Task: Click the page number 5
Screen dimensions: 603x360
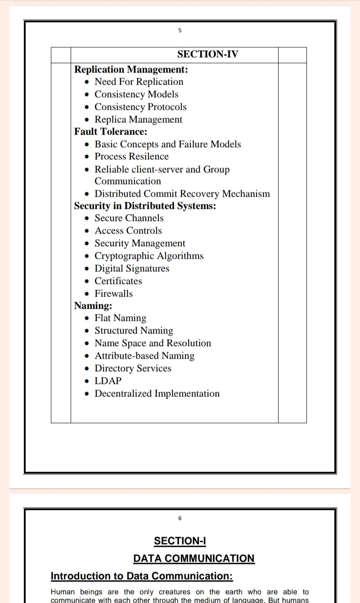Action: pyautogui.click(x=180, y=31)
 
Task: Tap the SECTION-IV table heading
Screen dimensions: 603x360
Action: pyautogui.click(x=207, y=54)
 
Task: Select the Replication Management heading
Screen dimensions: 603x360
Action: pyautogui.click(x=131, y=69)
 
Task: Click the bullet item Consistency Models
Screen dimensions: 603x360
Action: pyautogui.click(x=136, y=94)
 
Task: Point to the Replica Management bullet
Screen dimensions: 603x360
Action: pyautogui.click(x=138, y=120)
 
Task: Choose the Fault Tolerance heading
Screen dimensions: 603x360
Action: pyautogui.click(x=111, y=132)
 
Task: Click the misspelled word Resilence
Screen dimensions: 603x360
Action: pyautogui.click(x=148, y=157)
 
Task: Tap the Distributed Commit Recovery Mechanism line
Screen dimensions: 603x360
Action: pyautogui.click(x=182, y=194)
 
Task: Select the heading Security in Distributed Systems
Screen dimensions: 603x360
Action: pyautogui.click(x=145, y=206)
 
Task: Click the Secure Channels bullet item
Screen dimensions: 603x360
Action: pyautogui.click(x=129, y=218)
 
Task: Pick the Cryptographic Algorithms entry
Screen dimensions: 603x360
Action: pyautogui.click(x=149, y=256)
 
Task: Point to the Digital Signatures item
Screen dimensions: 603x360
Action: pyautogui.click(x=132, y=269)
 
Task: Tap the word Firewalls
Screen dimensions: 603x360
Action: pyautogui.click(x=114, y=294)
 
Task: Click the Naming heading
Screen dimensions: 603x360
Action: pyautogui.click(x=93, y=306)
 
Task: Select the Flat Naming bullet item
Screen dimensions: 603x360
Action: pyautogui.click(x=120, y=318)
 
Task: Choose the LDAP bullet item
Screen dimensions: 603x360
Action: pyautogui.click(x=108, y=381)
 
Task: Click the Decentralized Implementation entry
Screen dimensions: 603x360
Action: pyautogui.click(x=157, y=394)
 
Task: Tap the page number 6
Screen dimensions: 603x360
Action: pyautogui.click(x=180, y=518)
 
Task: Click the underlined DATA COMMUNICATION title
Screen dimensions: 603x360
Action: pyautogui.click(x=194, y=558)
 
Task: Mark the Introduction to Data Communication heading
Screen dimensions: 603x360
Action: pyautogui.click(x=142, y=576)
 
